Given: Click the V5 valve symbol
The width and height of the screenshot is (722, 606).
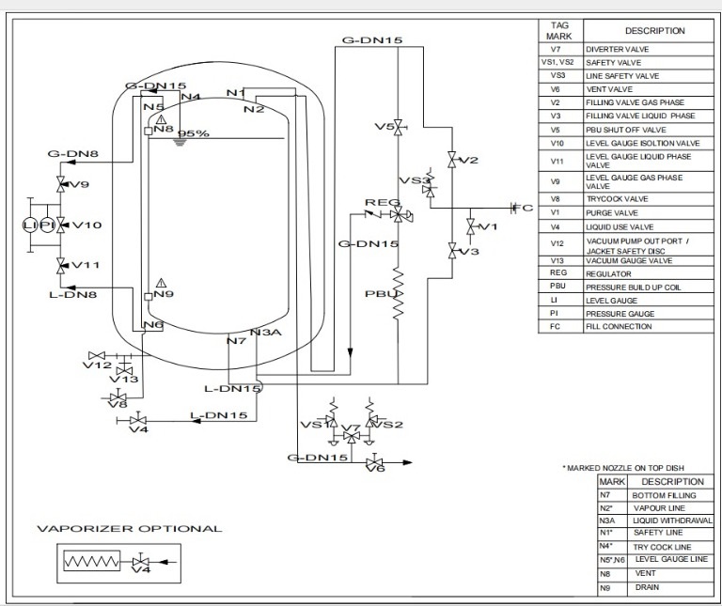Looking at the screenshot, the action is [x=399, y=127].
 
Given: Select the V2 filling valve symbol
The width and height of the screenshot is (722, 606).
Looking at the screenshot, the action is [x=452, y=160].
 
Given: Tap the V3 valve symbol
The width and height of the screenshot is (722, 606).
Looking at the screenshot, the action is [x=452, y=251].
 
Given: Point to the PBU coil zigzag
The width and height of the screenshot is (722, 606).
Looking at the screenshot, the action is [x=399, y=293].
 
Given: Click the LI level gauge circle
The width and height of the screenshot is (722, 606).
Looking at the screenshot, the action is [x=30, y=225].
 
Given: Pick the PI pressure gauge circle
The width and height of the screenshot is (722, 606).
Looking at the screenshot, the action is [x=47, y=225].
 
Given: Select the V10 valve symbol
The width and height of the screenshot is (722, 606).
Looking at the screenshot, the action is [x=61, y=225].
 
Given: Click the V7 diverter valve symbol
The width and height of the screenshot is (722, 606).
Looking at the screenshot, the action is [x=352, y=436].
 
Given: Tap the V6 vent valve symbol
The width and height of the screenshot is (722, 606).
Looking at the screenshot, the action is [x=374, y=462].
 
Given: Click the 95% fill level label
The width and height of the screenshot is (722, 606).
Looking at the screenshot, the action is [x=194, y=134].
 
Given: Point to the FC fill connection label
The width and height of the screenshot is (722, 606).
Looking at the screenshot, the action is [x=524, y=208].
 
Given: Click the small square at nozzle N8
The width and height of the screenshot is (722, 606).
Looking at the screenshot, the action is [x=149, y=132].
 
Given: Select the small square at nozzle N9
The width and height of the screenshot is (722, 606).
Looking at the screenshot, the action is [x=149, y=297].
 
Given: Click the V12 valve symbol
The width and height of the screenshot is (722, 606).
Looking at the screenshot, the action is [x=97, y=356].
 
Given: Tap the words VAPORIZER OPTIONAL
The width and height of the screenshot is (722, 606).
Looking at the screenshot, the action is [x=130, y=529].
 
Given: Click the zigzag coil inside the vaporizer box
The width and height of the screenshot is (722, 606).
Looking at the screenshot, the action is [x=91, y=562].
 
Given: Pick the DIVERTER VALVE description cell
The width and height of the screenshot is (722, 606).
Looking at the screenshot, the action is [x=649, y=49].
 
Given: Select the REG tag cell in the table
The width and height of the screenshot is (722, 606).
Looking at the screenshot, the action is [x=560, y=272].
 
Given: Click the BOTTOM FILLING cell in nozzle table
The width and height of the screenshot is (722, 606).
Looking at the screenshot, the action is [x=670, y=495].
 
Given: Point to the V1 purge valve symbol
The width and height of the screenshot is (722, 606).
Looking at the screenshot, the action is [x=471, y=226].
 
